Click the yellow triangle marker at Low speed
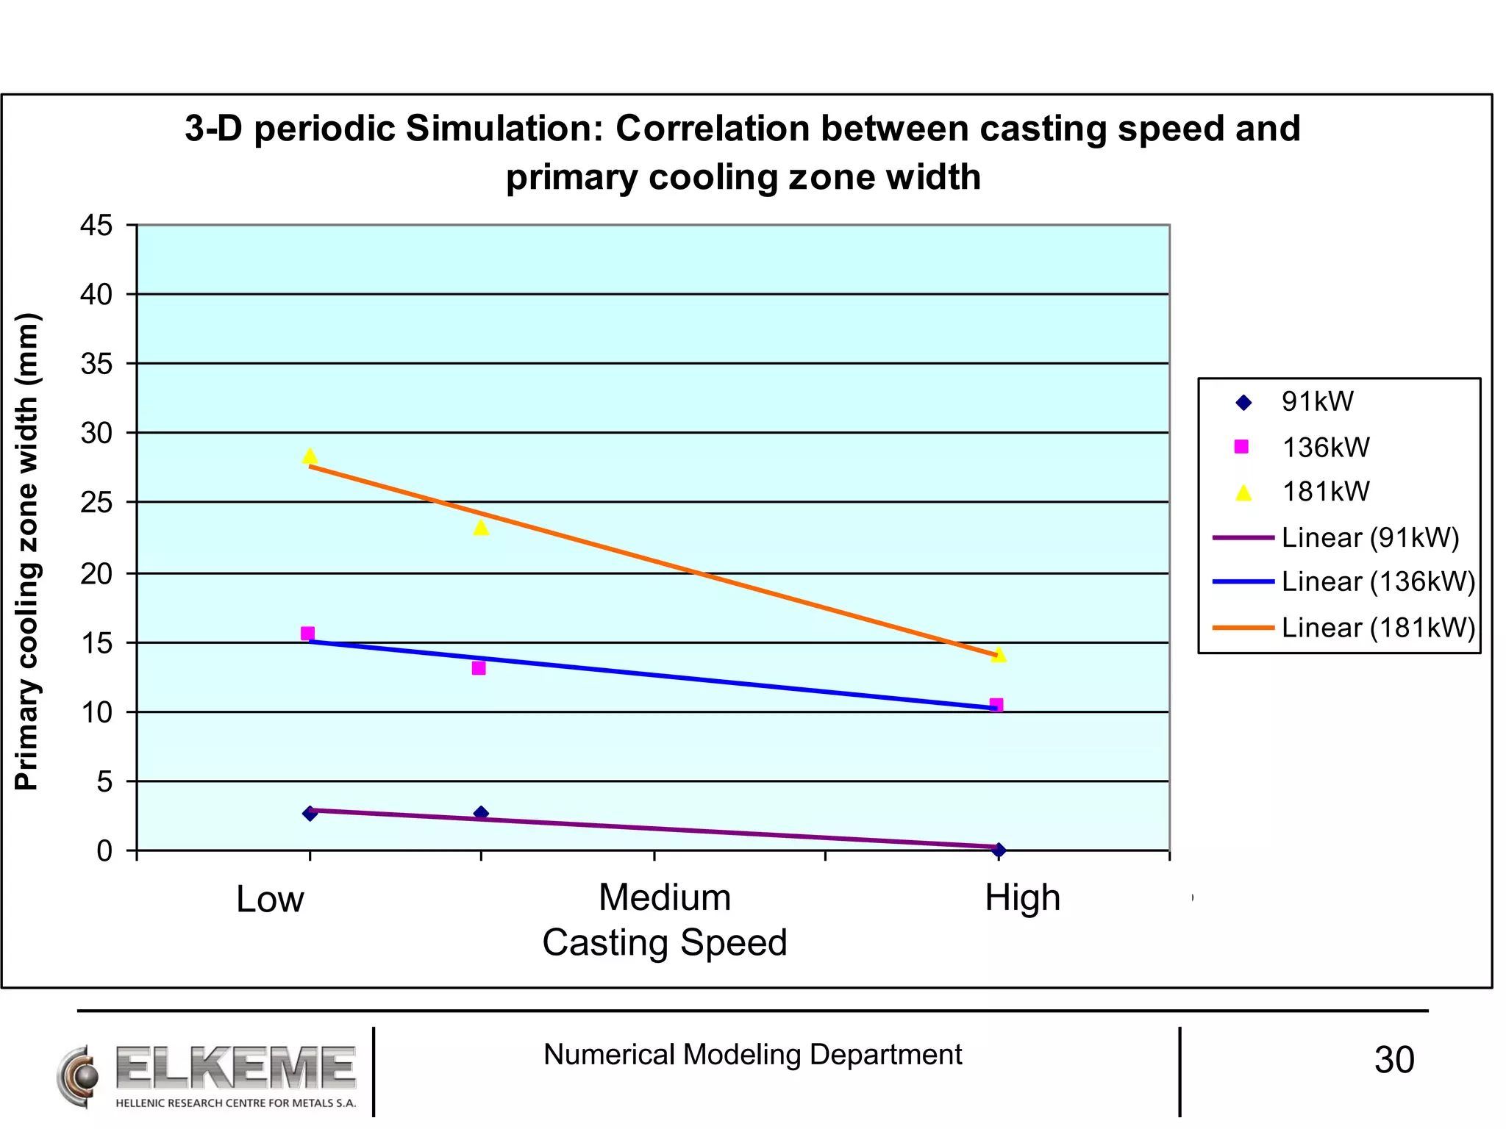pyautogui.click(x=310, y=456)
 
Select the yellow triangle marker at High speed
pyautogui.click(x=998, y=654)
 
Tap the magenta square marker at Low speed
pyautogui.click(x=307, y=634)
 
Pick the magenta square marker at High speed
pyautogui.click(x=996, y=705)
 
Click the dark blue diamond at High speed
pyautogui.click(x=998, y=850)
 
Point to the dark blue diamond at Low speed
pyautogui.click(x=310, y=813)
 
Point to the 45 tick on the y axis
pyautogui.click(x=96, y=226)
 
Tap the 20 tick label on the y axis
pyautogui.click(x=96, y=574)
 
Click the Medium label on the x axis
pyautogui.click(x=664, y=897)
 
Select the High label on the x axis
pyautogui.click(x=1022, y=897)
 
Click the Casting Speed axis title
pyautogui.click(x=664, y=942)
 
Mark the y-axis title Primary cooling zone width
pyautogui.click(x=26, y=551)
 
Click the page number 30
pyautogui.click(x=1393, y=1060)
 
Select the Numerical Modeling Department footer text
pyautogui.click(x=752, y=1055)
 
